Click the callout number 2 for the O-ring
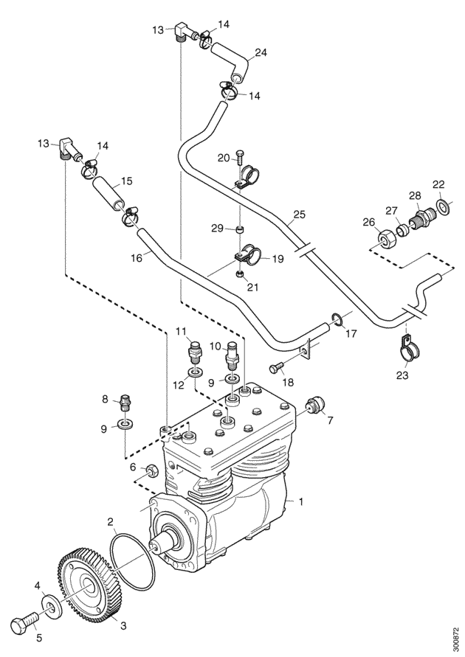[110, 522]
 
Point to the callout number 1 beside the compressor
[300, 501]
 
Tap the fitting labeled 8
[125, 403]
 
